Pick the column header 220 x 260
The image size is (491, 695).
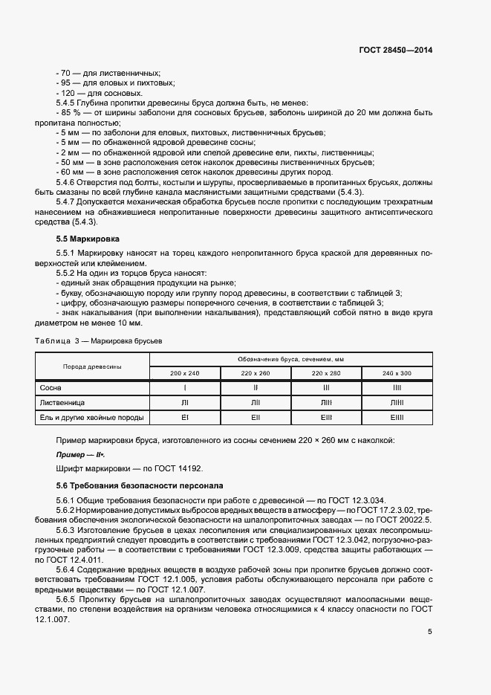click(256, 372)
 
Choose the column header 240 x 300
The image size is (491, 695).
click(397, 372)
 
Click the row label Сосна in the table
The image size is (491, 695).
click(50, 387)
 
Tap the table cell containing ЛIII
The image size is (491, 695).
click(326, 402)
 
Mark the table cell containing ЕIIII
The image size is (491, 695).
click(397, 417)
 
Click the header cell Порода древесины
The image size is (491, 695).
click(93, 366)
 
